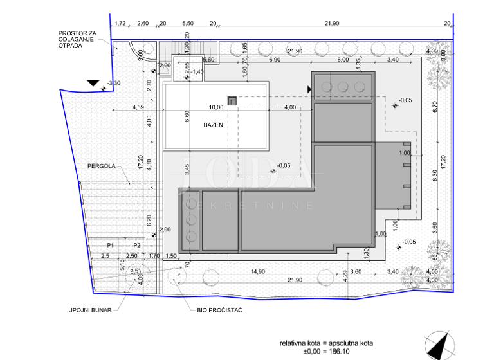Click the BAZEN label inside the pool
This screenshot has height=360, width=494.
click(x=215, y=125)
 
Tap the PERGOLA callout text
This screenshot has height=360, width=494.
click(x=102, y=166)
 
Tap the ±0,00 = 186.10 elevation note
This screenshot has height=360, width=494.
click(x=325, y=352)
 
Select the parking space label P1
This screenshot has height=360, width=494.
click(x=110, y=246)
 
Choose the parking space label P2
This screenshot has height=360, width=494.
click(x=136, y=246)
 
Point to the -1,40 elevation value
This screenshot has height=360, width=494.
click(x=197, y=72)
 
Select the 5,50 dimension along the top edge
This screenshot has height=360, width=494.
click(x=188, y=24)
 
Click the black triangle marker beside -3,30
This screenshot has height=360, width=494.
click(x=94, y=83)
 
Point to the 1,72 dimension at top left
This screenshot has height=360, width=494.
click(x=120, y=24)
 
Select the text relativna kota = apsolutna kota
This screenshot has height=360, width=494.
click(x=325, y=343)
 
